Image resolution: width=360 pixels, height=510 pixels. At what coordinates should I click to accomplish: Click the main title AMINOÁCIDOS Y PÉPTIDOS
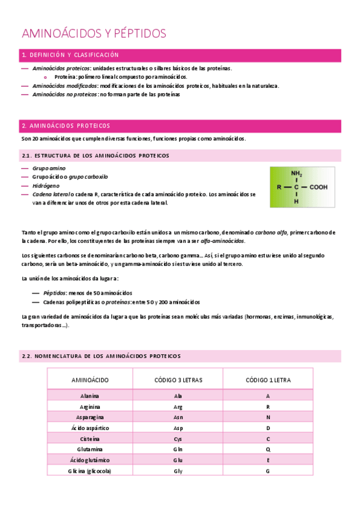94,33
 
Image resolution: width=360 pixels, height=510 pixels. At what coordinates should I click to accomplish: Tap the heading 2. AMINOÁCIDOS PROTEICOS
66,126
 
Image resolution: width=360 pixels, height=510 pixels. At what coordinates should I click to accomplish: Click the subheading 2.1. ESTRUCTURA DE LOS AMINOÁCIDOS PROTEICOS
95,155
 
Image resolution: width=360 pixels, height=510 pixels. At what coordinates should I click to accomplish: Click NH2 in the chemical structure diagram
296,174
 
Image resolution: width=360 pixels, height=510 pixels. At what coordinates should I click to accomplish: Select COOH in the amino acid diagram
319,187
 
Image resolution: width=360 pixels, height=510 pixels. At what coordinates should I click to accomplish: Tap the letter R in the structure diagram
279,187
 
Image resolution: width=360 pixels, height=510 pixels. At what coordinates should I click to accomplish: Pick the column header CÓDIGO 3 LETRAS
178,380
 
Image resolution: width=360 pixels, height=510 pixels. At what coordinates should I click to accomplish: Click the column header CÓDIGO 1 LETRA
268,380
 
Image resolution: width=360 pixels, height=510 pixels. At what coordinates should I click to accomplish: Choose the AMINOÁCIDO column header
90,380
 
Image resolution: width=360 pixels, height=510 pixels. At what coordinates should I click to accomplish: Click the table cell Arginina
90,407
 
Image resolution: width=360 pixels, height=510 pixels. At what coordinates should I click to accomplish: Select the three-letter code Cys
178,439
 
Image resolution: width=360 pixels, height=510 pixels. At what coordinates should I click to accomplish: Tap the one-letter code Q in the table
268,450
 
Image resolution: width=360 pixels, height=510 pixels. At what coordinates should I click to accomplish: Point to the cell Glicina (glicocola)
90,471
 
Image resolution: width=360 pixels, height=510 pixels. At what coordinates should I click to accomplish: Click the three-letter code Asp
178,428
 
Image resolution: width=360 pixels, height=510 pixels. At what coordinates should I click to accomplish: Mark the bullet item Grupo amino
49,168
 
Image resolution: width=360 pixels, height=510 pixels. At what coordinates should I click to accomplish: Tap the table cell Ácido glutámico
90,460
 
